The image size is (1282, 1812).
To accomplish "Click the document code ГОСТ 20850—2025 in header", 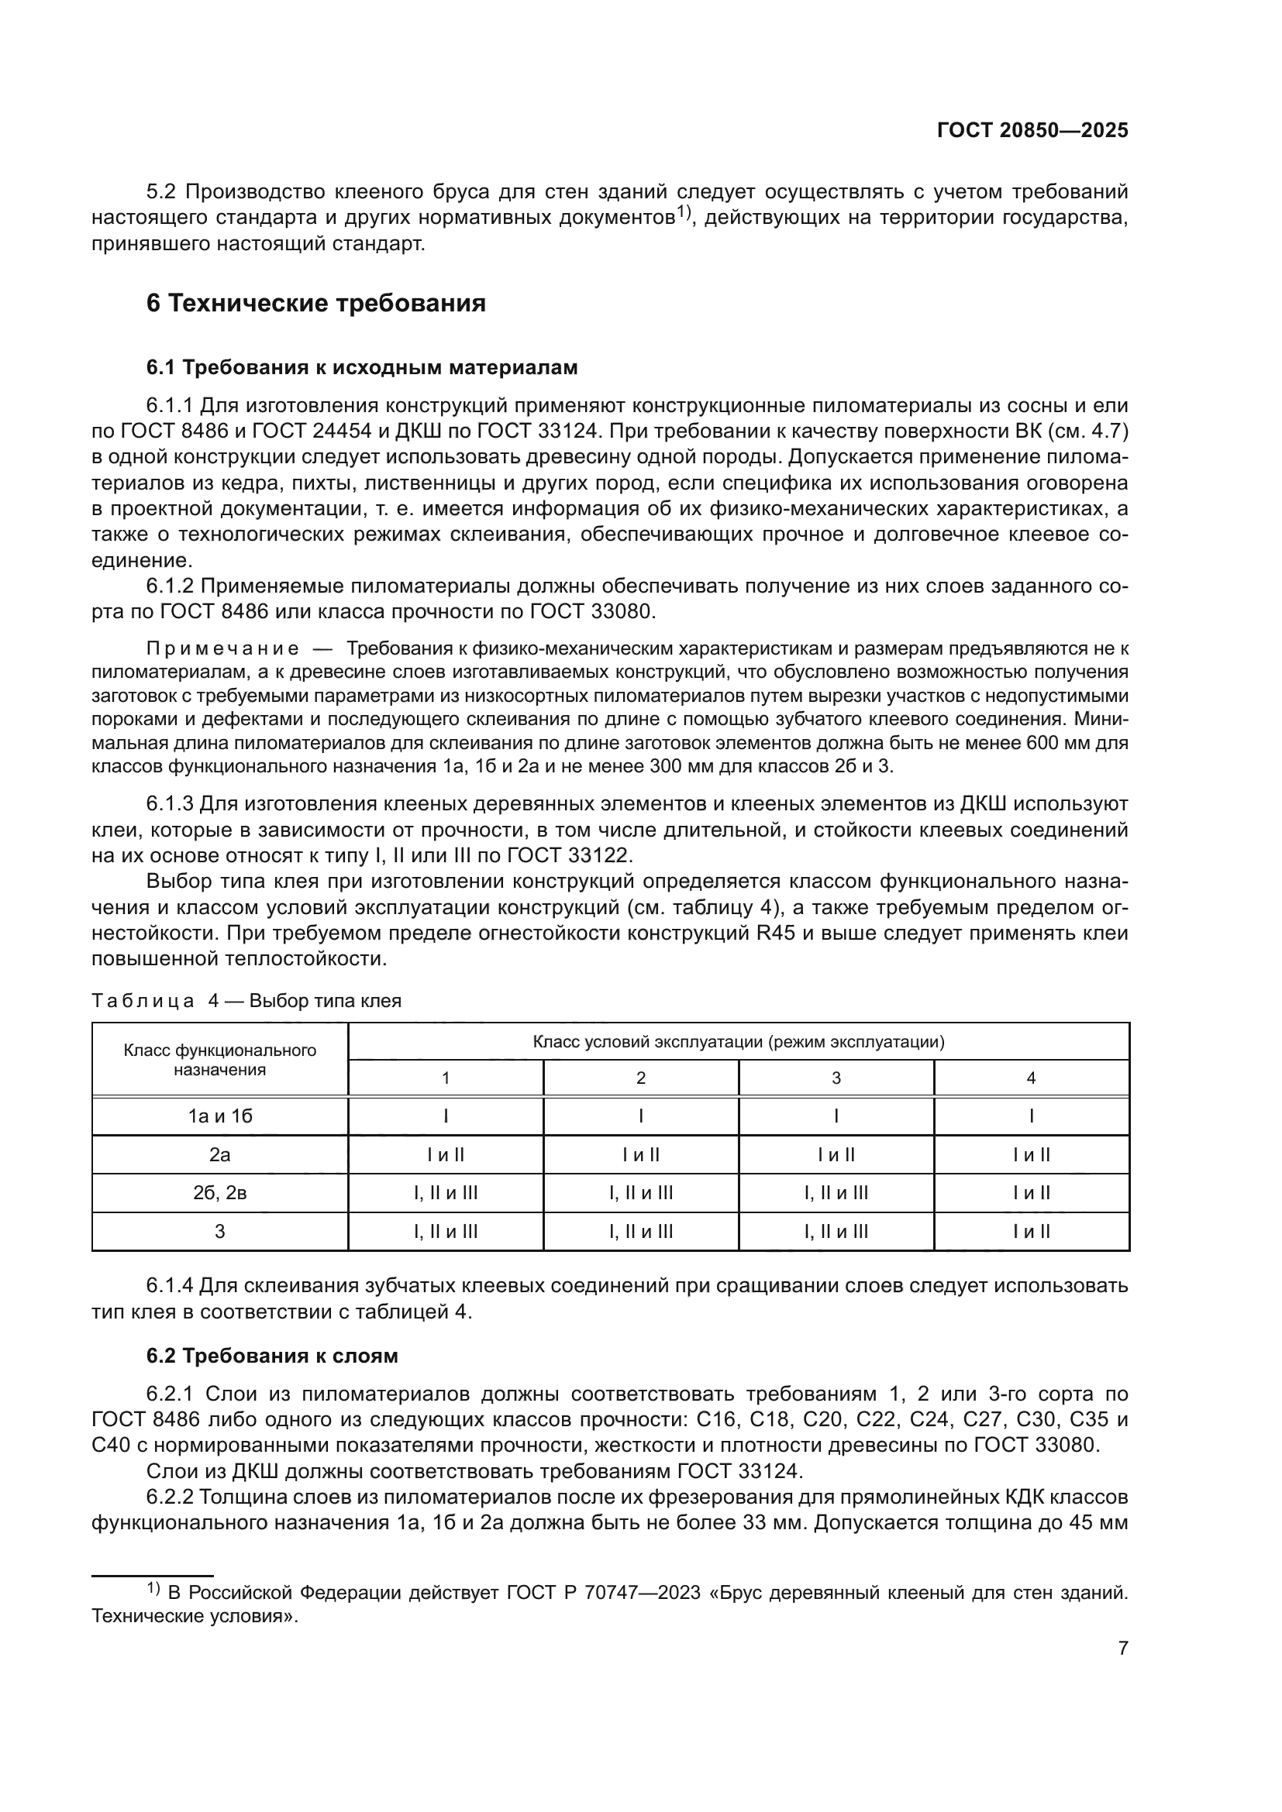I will (x=1032, y=131).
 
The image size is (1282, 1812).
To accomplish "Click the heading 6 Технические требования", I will (x=315, y=303).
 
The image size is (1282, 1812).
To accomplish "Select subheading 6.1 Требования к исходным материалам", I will (x=361, y=368).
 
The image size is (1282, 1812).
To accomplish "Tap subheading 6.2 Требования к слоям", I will (x=271, y=1356).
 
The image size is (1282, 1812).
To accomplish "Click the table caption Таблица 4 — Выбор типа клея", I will (x=246, y=1001).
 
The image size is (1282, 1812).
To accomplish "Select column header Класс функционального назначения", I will (x=219, y=1060).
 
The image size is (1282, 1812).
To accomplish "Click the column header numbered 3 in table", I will (x=836, y=1078).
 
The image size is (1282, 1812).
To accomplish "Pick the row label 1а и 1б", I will (x=219, y=1116).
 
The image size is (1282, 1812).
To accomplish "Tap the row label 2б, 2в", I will (x=219, y=1193).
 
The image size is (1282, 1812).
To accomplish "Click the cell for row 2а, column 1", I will (x=445, y=1154).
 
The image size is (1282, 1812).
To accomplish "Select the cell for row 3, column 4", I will (x=1031, y=1232).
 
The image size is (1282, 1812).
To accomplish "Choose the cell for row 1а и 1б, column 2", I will (x=641, y=1116).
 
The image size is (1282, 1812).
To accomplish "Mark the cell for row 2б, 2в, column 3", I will (x=836, y=1193).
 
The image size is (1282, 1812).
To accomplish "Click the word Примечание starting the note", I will (x=222, y=649).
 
